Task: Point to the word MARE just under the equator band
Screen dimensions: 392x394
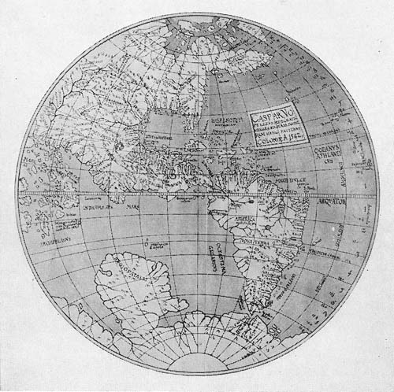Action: (129, 209)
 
